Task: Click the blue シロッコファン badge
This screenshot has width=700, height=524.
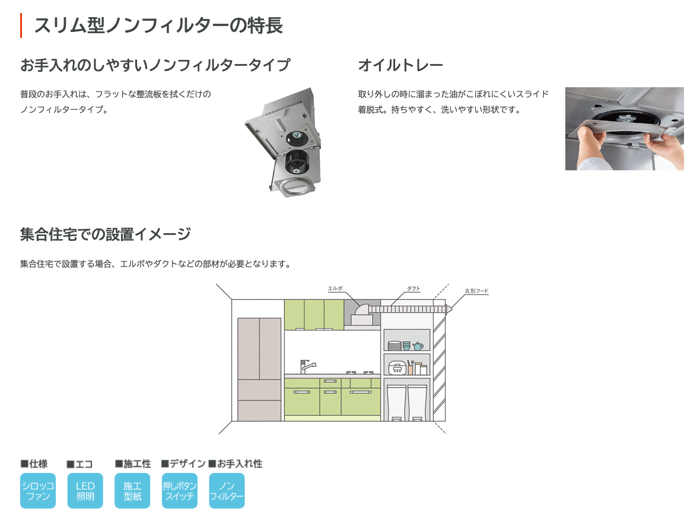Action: [x=38, y=491]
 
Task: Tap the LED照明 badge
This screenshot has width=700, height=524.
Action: [x=85, y=491]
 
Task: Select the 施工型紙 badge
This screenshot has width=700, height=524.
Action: [x=132, y=491]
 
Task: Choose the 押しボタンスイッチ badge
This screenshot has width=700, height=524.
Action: [x=179, y=491]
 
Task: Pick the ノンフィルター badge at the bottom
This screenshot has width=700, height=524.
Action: [x=227, y=491]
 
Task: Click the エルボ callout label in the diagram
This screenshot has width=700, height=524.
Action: [x=335, y=288]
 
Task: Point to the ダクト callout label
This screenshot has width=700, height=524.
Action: [x=413, y=288]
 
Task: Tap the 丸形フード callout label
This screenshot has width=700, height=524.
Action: [x=476, y=291]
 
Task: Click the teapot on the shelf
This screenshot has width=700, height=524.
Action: [x=418, y=345]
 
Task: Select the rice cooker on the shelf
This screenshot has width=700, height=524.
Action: [x=397, y=368]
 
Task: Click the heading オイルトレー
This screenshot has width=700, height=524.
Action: [x=400, y=65]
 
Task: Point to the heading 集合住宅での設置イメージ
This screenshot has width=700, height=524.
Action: [x=106, y=234]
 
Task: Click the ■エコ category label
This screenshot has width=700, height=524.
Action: [x=79, y=464]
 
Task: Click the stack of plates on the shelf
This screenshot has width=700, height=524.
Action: [x=394, y=345]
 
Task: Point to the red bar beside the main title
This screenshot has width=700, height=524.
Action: [x=21, y=26]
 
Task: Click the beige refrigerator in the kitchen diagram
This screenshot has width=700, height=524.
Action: [x=259, y=369]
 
